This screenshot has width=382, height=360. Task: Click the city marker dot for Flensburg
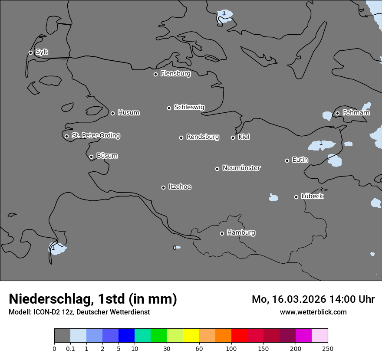coord(155,74)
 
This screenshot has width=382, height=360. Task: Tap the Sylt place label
coord(42,52)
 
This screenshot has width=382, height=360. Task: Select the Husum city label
coord(128,113)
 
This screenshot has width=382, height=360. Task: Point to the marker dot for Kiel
coord(233,137)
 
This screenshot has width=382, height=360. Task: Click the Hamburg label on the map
coord(241,232)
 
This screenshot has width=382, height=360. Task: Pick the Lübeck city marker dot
coord(296,197)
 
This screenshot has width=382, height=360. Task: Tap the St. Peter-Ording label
coord(96,136)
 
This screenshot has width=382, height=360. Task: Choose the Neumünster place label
coord(241,168)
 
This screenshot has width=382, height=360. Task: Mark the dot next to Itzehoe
coord(163,187)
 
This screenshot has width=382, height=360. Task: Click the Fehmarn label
coord(356,113)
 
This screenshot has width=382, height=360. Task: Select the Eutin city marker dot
coord(287,160)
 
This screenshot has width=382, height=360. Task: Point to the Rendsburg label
coord(203,137)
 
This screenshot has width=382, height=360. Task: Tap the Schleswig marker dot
coord(169,108)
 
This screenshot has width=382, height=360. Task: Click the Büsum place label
coord(107,156)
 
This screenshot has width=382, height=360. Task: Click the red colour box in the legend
coord(239,336)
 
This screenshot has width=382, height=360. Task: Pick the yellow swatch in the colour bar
coord(191,336)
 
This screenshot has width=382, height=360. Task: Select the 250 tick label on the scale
coord(328,348)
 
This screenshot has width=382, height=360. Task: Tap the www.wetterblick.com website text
coord(313,312)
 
